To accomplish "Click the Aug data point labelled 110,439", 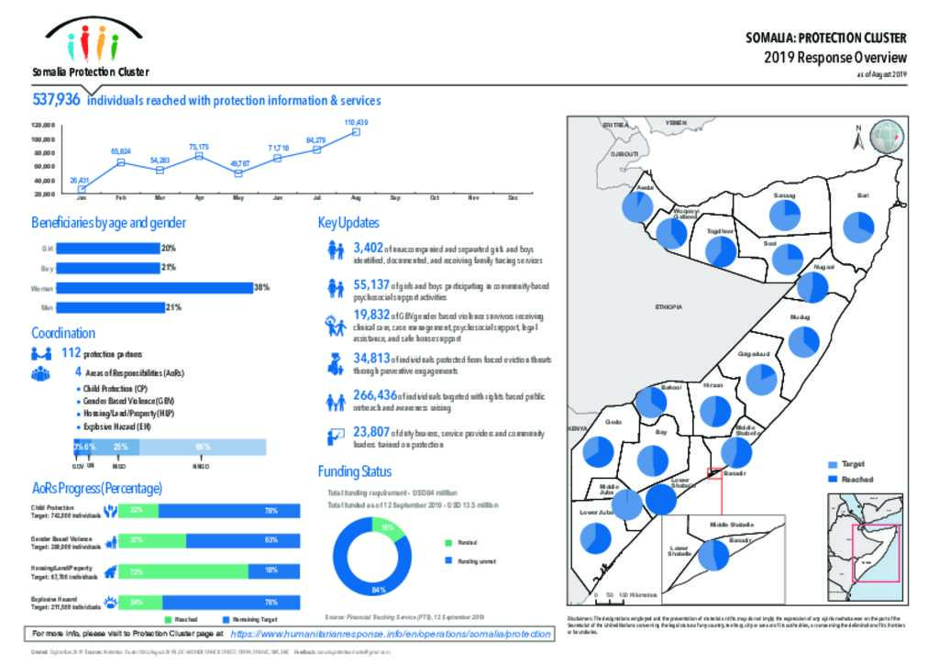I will pyautogui.click(x=356, y=132).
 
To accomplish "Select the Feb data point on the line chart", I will pyautogui.click(x=121, y=162).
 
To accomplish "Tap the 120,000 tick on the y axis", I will pyautogui.click(x=43, y=125).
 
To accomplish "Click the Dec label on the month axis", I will pyautogui.click(x=514, y=198).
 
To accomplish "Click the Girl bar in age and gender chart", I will pyautogui.click(x=108, y=248).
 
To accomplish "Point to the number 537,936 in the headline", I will pyautogui.click(x=56, y=100).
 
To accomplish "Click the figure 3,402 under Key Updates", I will pyautogui.click(x=369, y=248).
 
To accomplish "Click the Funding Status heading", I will pyautogui.click(x=355, y=471).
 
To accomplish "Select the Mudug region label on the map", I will pyautogui.click(x=801, y=316).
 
